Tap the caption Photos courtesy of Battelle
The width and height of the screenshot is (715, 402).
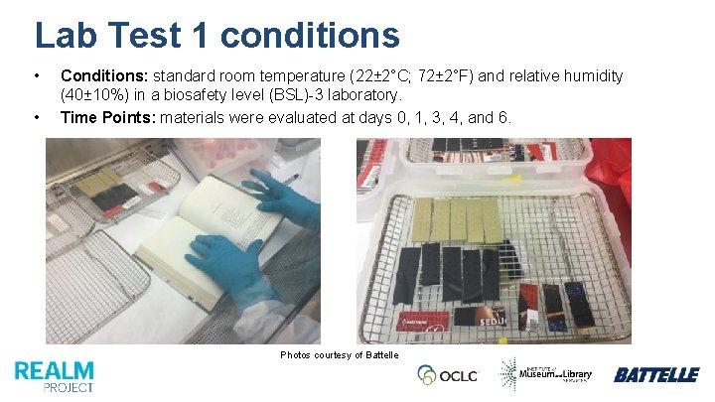(x=339, y=354)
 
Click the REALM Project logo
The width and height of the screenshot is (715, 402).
(x=55, y=375)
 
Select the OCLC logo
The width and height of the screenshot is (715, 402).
(x=448, y=374)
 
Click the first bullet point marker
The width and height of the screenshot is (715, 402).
(x=37, y=75)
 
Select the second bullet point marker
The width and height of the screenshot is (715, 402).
(x=37, y=117)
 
